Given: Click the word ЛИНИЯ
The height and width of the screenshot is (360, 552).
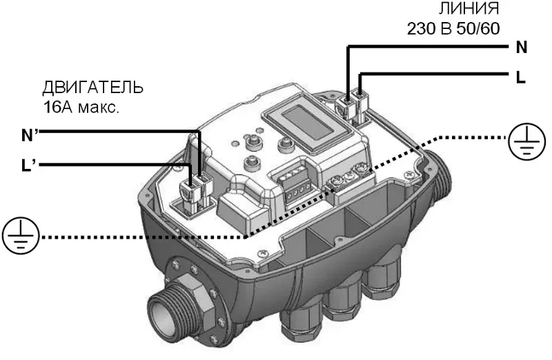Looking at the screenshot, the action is (x=469, y=8).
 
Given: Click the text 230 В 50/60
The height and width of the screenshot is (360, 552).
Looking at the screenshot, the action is (x=453, y=28).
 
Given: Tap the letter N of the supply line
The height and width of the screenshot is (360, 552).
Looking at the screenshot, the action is (x=522, y=47).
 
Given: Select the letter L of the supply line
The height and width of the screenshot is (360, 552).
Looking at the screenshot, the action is (x=521, y=77).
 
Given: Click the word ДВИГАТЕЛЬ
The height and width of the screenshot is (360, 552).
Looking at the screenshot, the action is (x=93, y=88).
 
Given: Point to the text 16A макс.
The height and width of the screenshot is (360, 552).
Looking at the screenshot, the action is (x=81, y=108).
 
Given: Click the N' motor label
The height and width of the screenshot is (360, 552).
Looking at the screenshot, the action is (x=30, y=134).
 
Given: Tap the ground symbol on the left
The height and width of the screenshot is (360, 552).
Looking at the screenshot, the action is (x=21, y=235).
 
